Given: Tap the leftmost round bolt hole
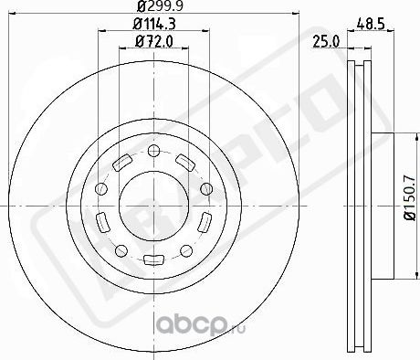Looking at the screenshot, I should [100, 187].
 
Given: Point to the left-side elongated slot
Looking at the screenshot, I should [102, 219].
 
